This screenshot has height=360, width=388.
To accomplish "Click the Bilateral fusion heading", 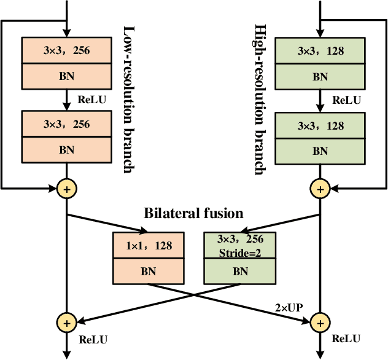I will [193, 214].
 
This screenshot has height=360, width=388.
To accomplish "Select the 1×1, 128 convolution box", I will [149, 246].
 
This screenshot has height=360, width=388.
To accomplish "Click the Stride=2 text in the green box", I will [240, 251].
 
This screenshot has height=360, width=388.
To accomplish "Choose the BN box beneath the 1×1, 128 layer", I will [149, 270].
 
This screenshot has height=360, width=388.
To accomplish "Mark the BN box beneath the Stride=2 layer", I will [240, 270].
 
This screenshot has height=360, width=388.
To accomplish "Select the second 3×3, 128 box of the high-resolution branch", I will [320, 126].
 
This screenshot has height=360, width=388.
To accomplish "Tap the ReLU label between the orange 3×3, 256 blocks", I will [91, 99].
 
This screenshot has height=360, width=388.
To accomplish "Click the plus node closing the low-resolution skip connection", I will [66, 189].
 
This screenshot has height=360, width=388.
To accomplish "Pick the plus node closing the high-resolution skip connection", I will [320, 189].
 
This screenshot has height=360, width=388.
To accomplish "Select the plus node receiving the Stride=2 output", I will [66, 322].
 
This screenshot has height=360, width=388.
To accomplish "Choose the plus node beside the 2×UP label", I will [320, 322].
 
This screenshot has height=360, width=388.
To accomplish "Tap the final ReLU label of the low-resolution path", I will [93, 339].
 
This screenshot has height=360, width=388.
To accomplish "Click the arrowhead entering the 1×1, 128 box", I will [144, 232].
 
